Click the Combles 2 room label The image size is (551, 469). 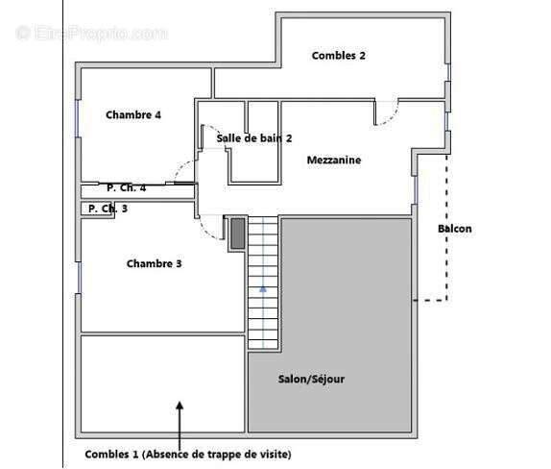(338, 56)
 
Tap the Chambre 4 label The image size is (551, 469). (133, 115)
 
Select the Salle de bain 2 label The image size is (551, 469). (253, 138)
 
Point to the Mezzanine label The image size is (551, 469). (334, 160)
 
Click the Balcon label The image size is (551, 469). (454, 229)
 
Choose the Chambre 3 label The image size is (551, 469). (154, 263)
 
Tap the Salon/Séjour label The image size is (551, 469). (311, 379)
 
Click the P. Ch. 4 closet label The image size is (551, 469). (127, 188)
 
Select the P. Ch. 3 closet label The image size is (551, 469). (108, 208)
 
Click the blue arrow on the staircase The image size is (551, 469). (263, 285)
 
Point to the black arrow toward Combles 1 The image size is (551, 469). (179, 417)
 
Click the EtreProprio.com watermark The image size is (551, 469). (91, 33)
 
